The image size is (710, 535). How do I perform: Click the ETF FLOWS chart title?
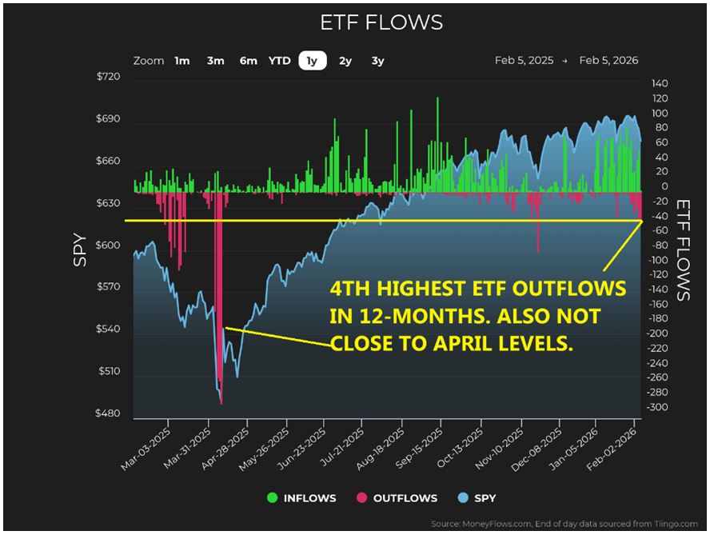coord(381,22)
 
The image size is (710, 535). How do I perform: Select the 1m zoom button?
coord(182,61)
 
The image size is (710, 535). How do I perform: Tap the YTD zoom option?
coord(279,61)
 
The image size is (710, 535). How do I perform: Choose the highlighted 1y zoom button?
coord(312,61)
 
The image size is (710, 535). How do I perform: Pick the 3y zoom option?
coord(377,61)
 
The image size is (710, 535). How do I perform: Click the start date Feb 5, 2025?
coord(523,61)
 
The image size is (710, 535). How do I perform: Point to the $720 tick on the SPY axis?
coord(108,77)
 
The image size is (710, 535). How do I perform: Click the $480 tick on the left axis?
coord(108,413)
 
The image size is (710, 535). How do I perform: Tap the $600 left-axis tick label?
coord(108,246)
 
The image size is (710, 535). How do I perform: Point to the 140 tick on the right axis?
coord(660,83)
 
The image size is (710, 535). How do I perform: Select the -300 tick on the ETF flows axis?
coord(658,407)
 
